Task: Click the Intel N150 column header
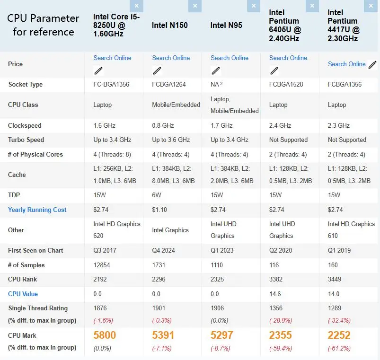coord(169,25)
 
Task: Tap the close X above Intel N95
coord(254,6)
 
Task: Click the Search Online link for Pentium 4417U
coord(346,64)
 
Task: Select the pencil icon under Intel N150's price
coord(157,70)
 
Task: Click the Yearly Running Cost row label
coord(37,210)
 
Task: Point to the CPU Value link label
coord(23,294)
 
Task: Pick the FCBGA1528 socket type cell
coord(286,84)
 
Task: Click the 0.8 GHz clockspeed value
coord(163,125)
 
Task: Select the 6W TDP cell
coord(157,195)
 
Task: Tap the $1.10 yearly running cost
coord(159,210)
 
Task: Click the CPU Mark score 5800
coord(105,335)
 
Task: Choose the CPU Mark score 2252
coord(339,335)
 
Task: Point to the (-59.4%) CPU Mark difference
coord(281,348)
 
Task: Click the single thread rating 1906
coord(217,308)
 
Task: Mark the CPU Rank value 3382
coord(276,279)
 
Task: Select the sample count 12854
coord(102,265)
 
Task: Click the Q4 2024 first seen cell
coord(163,251)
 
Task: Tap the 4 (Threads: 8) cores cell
coord(112,155)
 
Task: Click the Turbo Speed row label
coord(26,140)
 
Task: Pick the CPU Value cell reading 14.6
coord(275,294)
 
